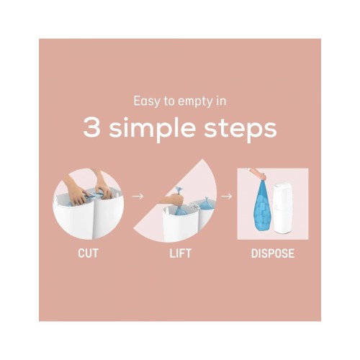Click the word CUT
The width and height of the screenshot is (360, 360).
point(88,253)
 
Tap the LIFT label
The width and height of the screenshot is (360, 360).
point(180,253)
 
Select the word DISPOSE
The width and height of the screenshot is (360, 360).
point(273,253)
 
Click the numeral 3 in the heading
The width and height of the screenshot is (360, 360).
point(91,128)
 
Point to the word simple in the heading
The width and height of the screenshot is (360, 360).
point(152,130)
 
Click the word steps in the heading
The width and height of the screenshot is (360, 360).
point(240,130)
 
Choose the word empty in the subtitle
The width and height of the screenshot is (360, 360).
point(195,102)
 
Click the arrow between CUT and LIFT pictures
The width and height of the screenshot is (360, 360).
point(138,197)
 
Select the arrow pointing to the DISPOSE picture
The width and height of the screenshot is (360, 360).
point(226,197)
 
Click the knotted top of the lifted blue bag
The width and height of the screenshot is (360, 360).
point(179,191)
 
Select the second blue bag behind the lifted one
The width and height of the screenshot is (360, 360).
point(206,204)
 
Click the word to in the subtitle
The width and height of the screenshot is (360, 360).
point(168,102)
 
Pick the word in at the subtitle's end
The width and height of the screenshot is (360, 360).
point(222,101)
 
